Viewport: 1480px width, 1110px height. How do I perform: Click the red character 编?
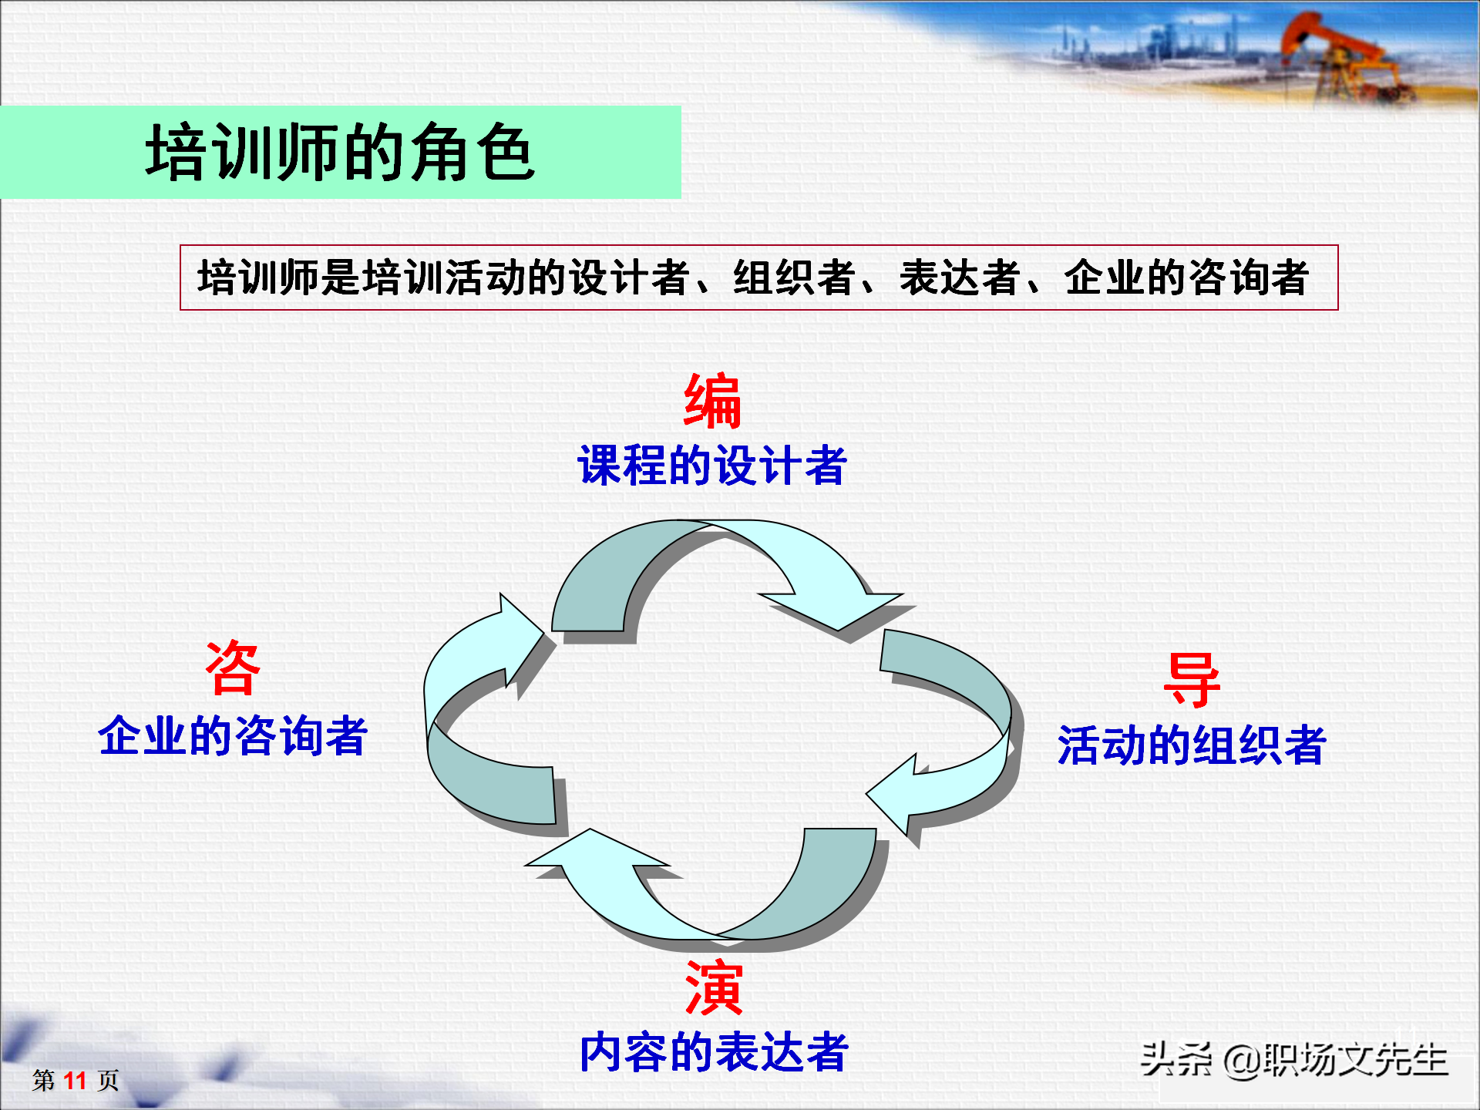712,401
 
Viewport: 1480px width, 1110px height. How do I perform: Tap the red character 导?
1192,680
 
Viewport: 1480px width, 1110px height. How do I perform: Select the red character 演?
714,987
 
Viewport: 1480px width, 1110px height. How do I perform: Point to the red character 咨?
233,668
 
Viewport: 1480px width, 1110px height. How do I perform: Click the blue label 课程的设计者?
712,466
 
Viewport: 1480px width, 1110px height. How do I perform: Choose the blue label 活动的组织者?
1192,745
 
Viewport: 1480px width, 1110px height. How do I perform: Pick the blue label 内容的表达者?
714,1052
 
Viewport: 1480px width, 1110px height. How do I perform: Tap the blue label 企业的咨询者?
233,735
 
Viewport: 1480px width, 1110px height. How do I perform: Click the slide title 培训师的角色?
340,153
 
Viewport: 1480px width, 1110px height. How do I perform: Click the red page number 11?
75,1080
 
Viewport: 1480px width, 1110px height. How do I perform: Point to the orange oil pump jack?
1341,58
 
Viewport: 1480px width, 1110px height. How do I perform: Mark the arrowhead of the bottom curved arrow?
594,852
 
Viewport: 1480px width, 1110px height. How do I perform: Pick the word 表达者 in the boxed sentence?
960,277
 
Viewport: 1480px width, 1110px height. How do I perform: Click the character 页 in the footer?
108,1080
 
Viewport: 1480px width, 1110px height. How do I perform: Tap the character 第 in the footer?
43,1080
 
